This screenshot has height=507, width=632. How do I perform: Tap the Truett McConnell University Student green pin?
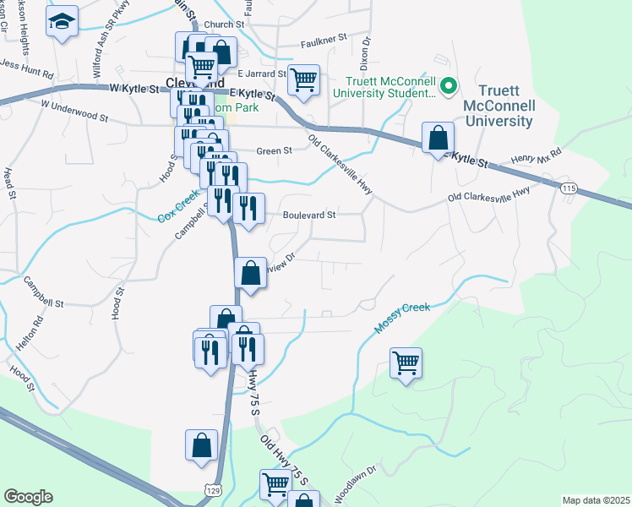449,85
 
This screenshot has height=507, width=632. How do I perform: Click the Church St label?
227,25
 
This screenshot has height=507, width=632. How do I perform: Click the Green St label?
274,150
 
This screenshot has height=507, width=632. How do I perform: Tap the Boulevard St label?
309,215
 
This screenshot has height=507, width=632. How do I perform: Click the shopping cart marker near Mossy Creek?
406,364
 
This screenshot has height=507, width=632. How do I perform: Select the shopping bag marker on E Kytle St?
438,138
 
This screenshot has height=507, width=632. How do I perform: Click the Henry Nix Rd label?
537,158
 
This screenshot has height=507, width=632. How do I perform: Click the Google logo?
28,497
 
